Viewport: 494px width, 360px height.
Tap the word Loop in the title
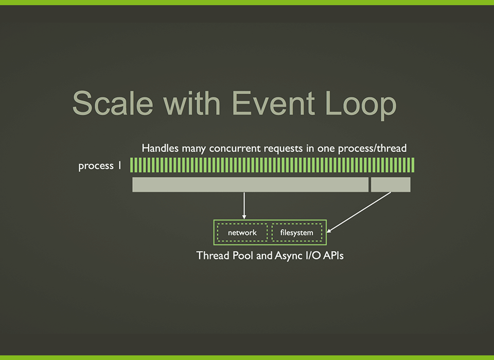[x=362, y=104]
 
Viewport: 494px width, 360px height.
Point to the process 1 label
[x=100, y=166]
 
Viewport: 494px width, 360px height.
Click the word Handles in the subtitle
[x=158, y=148]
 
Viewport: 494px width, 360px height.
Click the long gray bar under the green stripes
[x=251, y=185]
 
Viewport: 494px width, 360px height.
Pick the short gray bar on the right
[x=391, y=185]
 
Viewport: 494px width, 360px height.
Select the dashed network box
[x=242, y=232]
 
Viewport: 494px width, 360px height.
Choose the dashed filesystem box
[x=297, y=232]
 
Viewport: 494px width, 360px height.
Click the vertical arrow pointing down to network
[x=244, y=205]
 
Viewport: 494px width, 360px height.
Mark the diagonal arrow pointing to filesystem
[x=360, y=212]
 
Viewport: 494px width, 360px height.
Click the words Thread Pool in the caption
[x=225, y=255]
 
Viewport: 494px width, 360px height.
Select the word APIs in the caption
[x=333, y=255]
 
